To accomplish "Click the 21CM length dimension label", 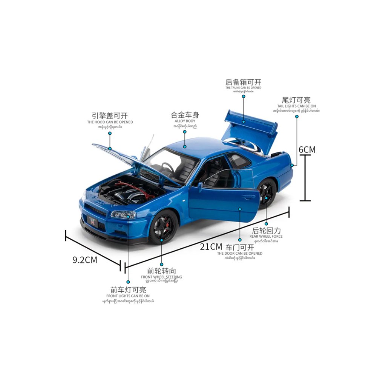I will [211, 247].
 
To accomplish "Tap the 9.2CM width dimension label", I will [84, 260].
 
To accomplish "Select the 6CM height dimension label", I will [307, 149].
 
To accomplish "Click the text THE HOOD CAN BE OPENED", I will [110, 122].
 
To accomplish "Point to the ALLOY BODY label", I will [185, 121].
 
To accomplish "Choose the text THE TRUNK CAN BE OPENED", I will [243, 88].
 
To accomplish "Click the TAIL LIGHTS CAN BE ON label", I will [296, 106].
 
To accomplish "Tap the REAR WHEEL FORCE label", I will [266, 236].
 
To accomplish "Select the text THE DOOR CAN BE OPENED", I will [239, 253].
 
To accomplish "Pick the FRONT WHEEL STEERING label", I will [161, 277].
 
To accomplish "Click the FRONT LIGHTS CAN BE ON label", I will [128, 296].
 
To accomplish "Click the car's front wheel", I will [162, 227].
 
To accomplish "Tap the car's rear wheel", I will [266, 194].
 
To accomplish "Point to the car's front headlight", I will [123, 215].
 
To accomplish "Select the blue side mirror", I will [200, 185].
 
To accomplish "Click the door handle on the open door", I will [248, 197].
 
